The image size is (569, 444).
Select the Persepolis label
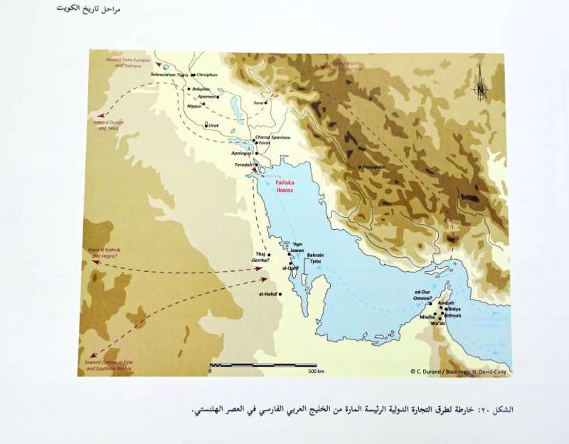(x=374, y=166)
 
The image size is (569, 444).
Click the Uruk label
(x=214, y=125)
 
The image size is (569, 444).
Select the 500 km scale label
(x=316, y=371)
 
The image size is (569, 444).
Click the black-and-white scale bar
(x=263, y=365)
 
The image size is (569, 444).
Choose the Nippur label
(x=193, y=106)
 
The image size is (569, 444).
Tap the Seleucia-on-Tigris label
(x=173, y=74)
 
